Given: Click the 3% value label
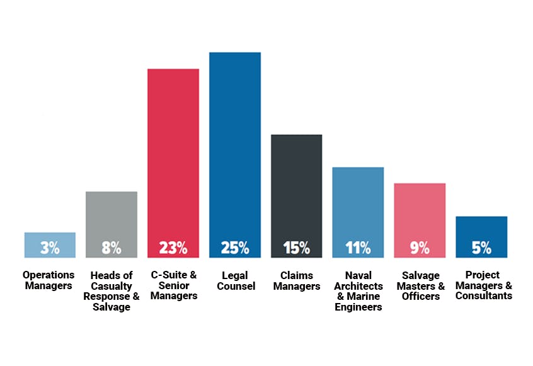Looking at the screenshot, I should click(x=50, y=248).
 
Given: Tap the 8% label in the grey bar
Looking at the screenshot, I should click(x=112, y=248).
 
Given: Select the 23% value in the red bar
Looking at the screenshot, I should click(x=173, y=248).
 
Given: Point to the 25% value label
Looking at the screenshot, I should click(x=235, y=248).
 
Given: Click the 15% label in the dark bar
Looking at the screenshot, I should click(x=296, y=248).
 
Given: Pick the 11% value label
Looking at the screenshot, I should click(x=358, y=248).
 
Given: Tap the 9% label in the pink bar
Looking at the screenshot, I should click(x=420, y=248).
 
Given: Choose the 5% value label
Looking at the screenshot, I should click(x=481, y=248).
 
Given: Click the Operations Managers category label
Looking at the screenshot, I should click(x=49, y=280).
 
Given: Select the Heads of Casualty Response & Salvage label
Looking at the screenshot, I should click(x=112, y=291).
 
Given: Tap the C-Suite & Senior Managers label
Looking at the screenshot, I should click(x=174, y=285).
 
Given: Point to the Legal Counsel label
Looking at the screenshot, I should click(x=235, y=281).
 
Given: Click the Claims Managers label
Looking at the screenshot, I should click(x=296, y=281).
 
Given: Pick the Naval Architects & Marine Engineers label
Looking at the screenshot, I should click(x=358, y=291).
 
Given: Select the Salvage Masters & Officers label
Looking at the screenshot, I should click(x=420, y=285).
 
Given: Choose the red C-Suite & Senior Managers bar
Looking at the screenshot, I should click(x=173, y=151).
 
